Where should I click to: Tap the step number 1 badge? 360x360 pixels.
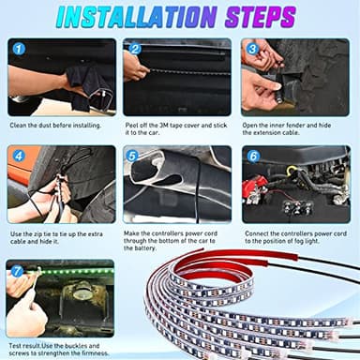(x=20, y=49)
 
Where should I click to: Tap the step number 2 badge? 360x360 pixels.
(x=136, y=49)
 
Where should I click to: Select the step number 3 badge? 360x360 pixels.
(x=252, y=49)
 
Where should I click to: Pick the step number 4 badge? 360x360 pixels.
(x=20, y=156)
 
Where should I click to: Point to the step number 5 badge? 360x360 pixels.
(x=132, y=157)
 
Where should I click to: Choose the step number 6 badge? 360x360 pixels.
(x=252, y=156)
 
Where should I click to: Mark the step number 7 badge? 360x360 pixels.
(x=19, y=272)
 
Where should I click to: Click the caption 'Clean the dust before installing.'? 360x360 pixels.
(x=56, y=124)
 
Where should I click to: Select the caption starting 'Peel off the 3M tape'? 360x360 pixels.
(x=176, y=128)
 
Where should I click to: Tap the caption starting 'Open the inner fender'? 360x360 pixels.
(x=294, y=128)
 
